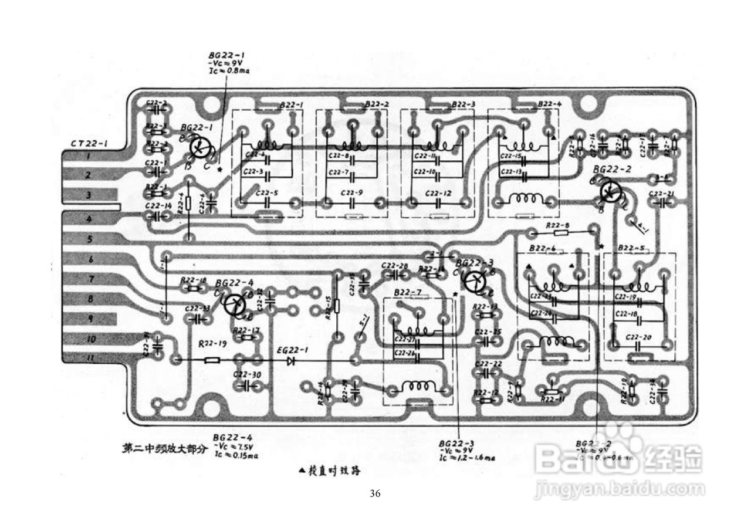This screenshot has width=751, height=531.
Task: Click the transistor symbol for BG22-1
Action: (x=201, y=148)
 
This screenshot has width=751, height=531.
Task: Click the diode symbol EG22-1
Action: (x=290, y=360)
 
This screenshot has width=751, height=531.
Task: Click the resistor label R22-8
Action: (x=558, y=226)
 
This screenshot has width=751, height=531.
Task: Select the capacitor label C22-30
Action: (x=246, y=374)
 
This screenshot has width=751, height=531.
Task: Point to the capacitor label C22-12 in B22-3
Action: (x=438, y=192)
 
